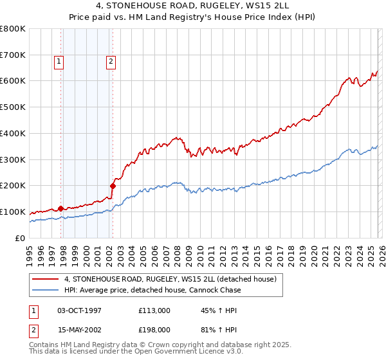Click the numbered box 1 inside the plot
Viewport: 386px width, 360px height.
click(x=59, y=62)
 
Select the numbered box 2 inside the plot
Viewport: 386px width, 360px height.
click(x=111, y=62)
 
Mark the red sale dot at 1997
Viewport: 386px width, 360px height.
click(x=60, y=208)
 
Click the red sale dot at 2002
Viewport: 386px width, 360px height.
click(x=113, y=186)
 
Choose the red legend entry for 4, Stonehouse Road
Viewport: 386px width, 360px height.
click(x=170, y=279)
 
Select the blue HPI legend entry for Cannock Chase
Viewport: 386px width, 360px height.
click(x=152, y=290)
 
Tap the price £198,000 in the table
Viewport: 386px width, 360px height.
click(x=154, y=329)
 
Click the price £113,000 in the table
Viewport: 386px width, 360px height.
click(x=154, y=310)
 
